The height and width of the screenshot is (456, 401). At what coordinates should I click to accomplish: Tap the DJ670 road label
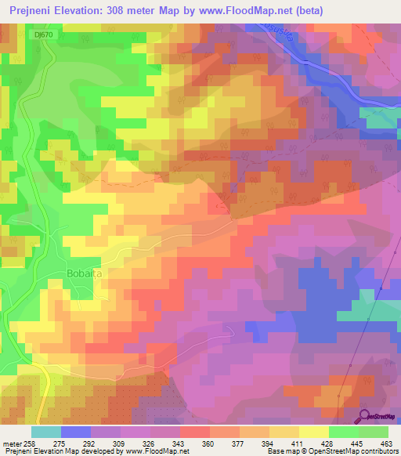click(x=46, y=34)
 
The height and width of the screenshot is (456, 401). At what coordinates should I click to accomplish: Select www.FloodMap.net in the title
click(x=248, y=11)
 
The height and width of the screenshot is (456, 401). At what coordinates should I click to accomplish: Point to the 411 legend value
click(x=298, y=443)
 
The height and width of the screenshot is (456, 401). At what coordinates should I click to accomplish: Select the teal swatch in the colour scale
click(x=45, y=432)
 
